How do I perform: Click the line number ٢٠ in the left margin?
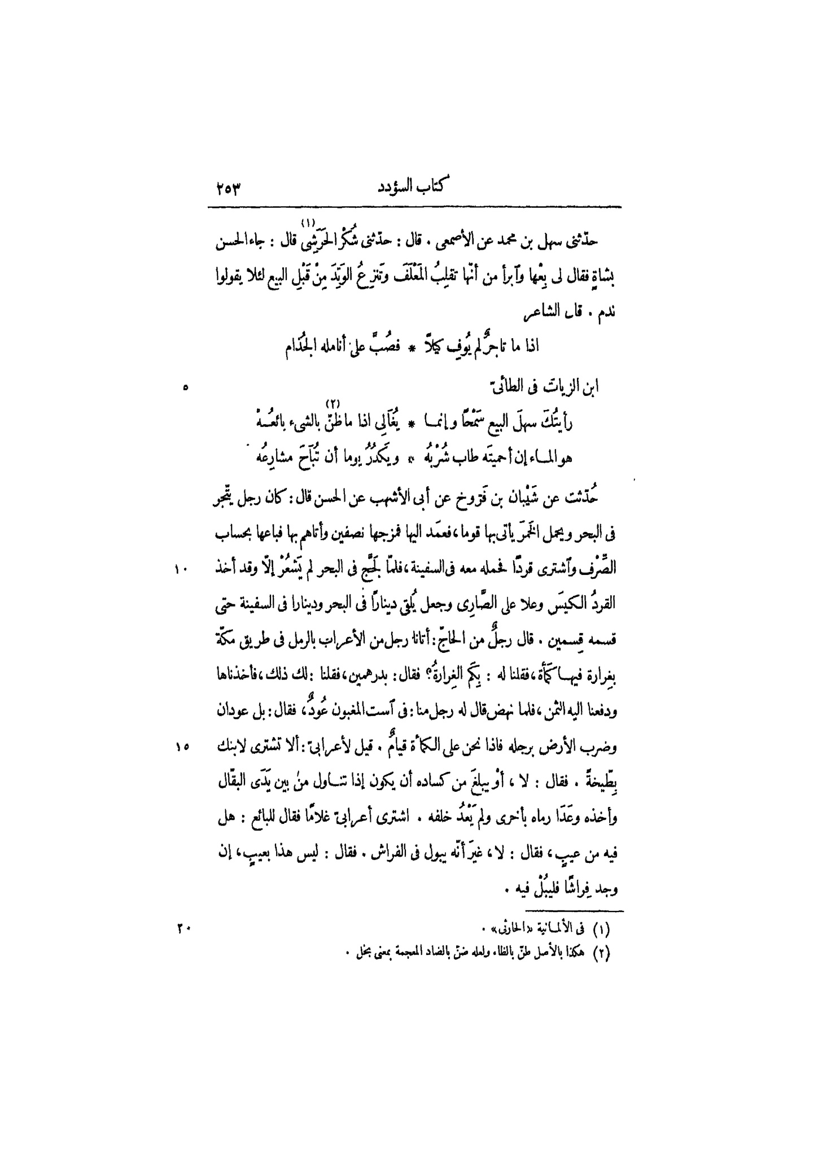(184, 927)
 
